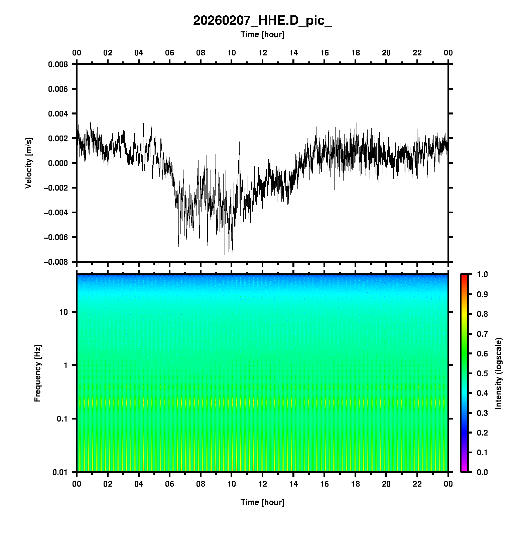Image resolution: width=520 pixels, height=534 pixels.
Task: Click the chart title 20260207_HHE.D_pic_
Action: point(262,21)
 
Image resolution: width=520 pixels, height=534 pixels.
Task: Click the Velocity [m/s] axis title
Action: point(29,163)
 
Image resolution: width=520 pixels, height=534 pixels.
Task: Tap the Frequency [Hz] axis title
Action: point(37,373)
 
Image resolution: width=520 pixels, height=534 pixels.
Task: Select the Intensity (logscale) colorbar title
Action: point(499,373)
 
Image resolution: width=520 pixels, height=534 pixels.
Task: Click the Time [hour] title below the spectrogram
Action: point(262,502)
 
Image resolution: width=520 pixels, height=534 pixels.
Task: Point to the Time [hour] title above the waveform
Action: point(262,34)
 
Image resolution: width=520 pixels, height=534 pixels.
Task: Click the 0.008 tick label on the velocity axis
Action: point(58,64)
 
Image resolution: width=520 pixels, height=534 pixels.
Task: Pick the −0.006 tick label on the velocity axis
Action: point(55,237)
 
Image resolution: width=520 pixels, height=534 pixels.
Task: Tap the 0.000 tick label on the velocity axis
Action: point(58,163)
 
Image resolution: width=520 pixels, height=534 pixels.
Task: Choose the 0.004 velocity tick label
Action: point(58,114)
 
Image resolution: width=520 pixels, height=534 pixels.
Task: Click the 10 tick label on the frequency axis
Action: point(63,312)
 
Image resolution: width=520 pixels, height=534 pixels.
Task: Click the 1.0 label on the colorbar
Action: point(482,274)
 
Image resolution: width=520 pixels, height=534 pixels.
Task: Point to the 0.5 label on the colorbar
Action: point(482,373)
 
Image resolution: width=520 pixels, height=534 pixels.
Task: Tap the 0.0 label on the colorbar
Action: point(482,472)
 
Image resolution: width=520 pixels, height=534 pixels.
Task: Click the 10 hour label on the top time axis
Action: point(232,53)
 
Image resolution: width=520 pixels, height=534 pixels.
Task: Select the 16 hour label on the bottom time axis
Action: point(324,484)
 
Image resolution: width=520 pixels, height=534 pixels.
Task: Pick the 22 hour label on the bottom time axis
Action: point(417,484)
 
